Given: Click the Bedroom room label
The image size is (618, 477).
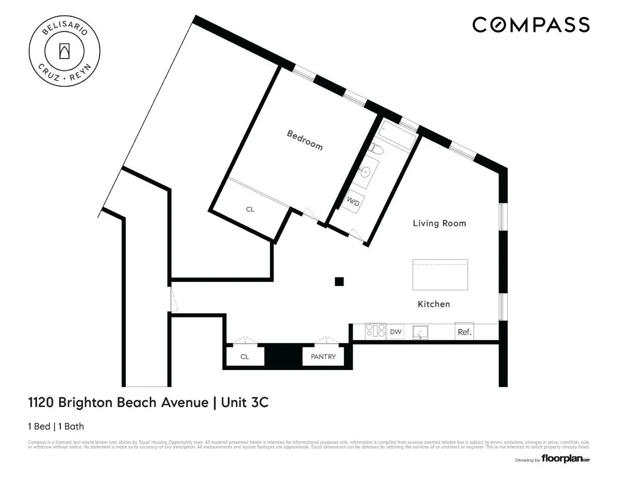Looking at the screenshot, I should [304, 140].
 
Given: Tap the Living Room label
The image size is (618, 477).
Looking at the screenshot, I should [439, 223].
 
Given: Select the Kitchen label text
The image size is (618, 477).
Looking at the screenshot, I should [434, 304].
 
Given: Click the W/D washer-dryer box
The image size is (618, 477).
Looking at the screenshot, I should [353, 201].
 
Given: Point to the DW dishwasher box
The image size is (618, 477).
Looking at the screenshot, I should [396, 332].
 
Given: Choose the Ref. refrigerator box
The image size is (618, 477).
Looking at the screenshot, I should [465, 332].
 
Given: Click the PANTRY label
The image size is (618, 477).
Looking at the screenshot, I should [323, 357].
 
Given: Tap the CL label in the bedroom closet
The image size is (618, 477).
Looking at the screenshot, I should [250, 209].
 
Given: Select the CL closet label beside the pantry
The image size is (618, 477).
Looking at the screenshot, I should [245, 357].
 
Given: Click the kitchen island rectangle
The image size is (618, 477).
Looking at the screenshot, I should [440, 275].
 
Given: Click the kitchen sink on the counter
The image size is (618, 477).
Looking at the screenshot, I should [422, 332].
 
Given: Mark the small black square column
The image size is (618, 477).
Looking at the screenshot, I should [339, 281].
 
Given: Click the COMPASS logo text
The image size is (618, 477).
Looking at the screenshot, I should [531, 24].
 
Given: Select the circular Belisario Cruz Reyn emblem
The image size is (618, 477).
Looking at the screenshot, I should [64, 50].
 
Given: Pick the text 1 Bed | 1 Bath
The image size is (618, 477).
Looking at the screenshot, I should [56, 426].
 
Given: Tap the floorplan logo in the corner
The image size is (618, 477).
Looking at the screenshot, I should [564, 459].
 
